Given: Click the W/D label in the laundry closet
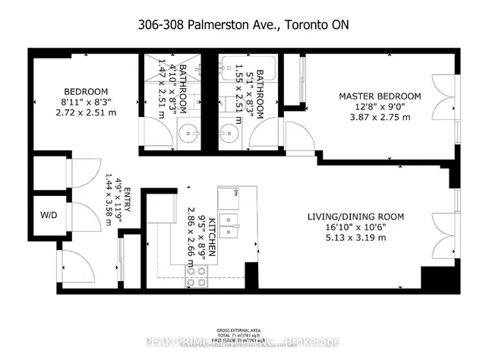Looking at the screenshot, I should [49, 215].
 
